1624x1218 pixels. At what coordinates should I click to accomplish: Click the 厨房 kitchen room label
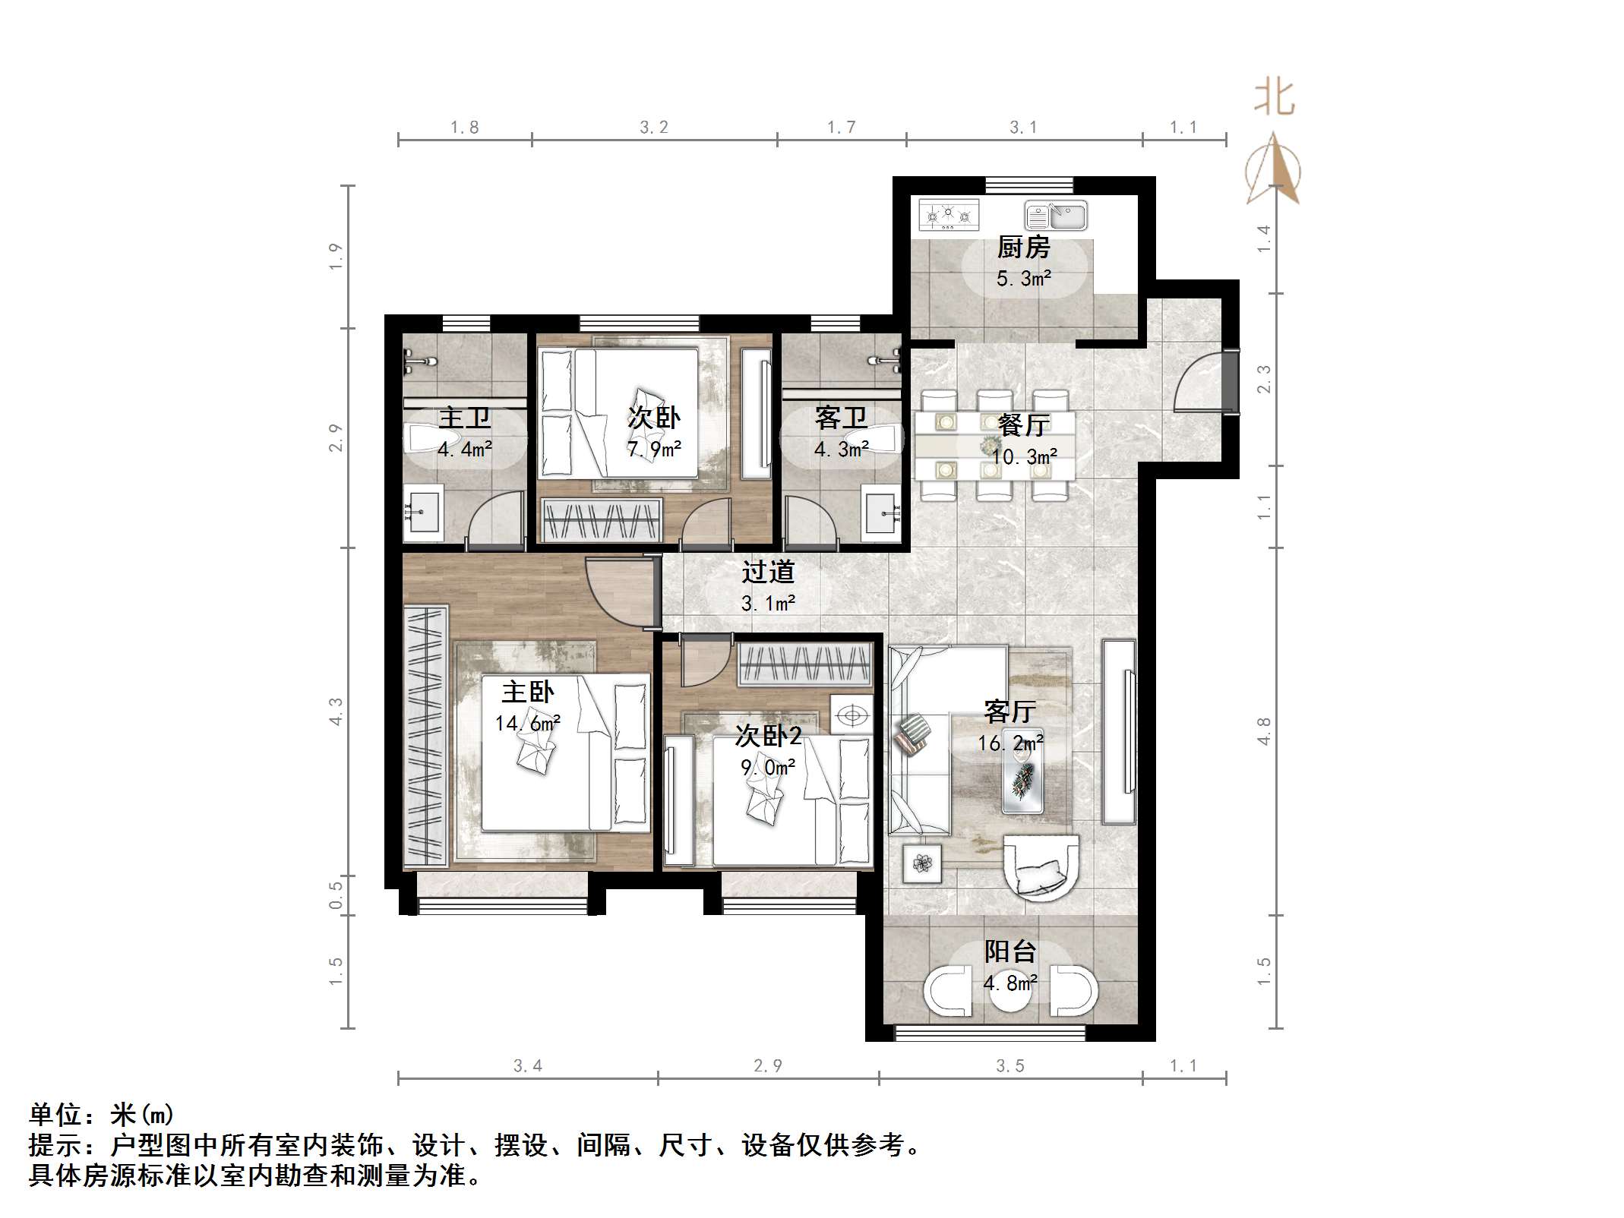click(1023, 248)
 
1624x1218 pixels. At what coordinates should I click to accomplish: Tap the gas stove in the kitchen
click(947, 215)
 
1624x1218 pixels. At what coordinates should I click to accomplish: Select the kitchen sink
click(1055, 216)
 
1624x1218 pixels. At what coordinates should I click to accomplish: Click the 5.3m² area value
click(1023, 279)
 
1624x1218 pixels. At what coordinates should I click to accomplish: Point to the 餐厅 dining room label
click(1023, 424)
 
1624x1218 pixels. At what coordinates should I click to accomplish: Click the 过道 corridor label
click(768, 572)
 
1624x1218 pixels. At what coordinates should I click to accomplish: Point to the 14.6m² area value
click(527, 724)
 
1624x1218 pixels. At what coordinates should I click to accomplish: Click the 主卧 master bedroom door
click(619, 593)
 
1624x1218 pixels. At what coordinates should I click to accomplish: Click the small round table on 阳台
click(1010, 991)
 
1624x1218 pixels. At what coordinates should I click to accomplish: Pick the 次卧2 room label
click(768, 735)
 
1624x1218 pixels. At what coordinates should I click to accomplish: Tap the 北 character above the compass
click(1274, 99)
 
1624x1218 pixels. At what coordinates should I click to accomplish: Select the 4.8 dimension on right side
click(1263, 730)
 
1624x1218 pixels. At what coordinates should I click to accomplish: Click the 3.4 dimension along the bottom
click(527, 1066)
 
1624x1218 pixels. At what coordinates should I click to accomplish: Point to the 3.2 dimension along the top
click(653, 128)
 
